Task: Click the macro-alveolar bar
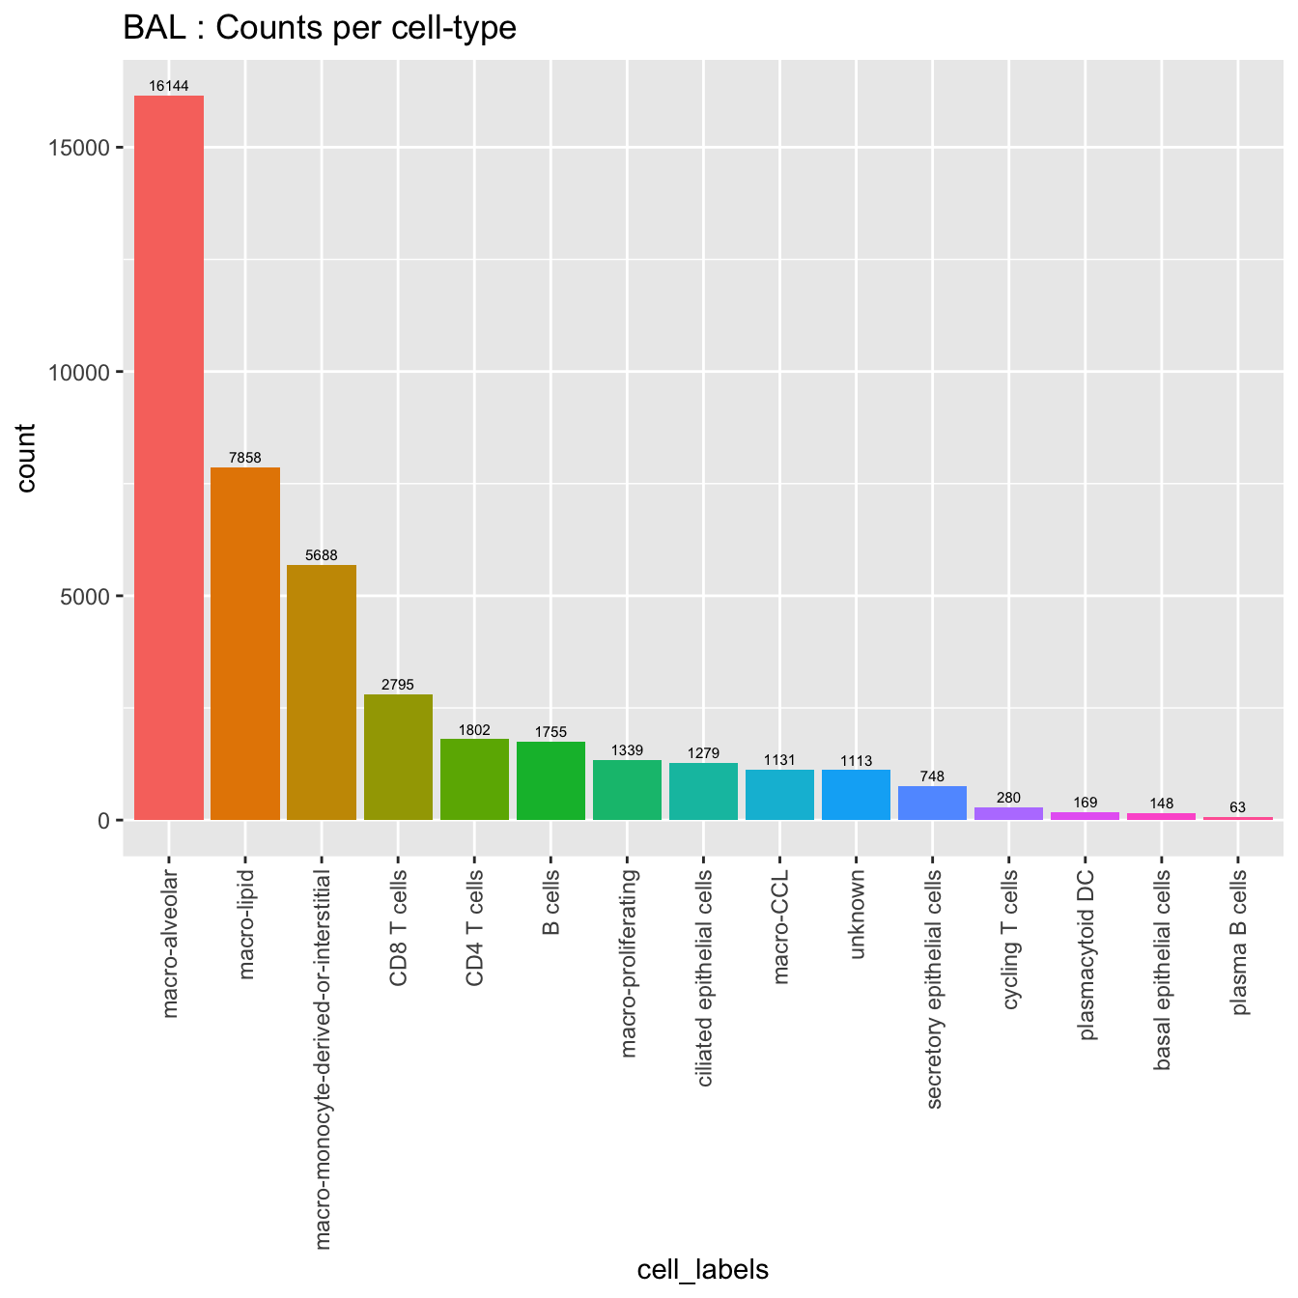(x=169, y=458)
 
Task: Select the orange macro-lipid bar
(x=245, y=643)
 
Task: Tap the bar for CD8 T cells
(x=398, y=757)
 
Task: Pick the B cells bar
(x=550, y=780)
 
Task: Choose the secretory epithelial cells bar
(x=932, y=803)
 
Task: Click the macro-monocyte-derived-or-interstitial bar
(x=322, y=692)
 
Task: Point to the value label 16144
(x=169, y=86)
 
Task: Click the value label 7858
(x=245, y=458)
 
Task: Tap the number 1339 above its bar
(x=627, y=750)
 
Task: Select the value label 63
(x=1237, y=807)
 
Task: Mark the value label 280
(x=1008, y=798)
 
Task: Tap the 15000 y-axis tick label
(x=82, y=148)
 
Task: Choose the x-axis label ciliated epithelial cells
(x=704, y=977)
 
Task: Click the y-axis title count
(x=26, y=458)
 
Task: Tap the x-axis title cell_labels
(x=703, y=1269)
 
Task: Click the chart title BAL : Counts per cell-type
(x=320, y=28)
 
